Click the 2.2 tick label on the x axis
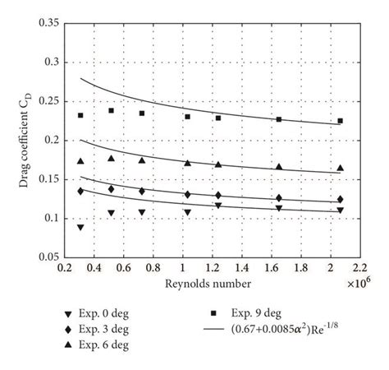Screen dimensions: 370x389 click(x=361, y=269)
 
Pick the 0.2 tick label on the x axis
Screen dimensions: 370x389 click(x=64, y=269)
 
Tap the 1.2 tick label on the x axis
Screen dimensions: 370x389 click(x=213, y=269)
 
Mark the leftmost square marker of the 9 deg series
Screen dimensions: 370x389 click(x=80, y=115)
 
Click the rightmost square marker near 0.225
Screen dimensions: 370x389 click(x=340, y=121)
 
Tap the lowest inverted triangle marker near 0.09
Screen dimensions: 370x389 click(x=80, y=227)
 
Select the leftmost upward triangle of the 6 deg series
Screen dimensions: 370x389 click(x=80, y=161)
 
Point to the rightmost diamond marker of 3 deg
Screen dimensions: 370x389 click(x=340, y=199)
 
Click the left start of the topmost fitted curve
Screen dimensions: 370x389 click(x=80, y=78)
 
